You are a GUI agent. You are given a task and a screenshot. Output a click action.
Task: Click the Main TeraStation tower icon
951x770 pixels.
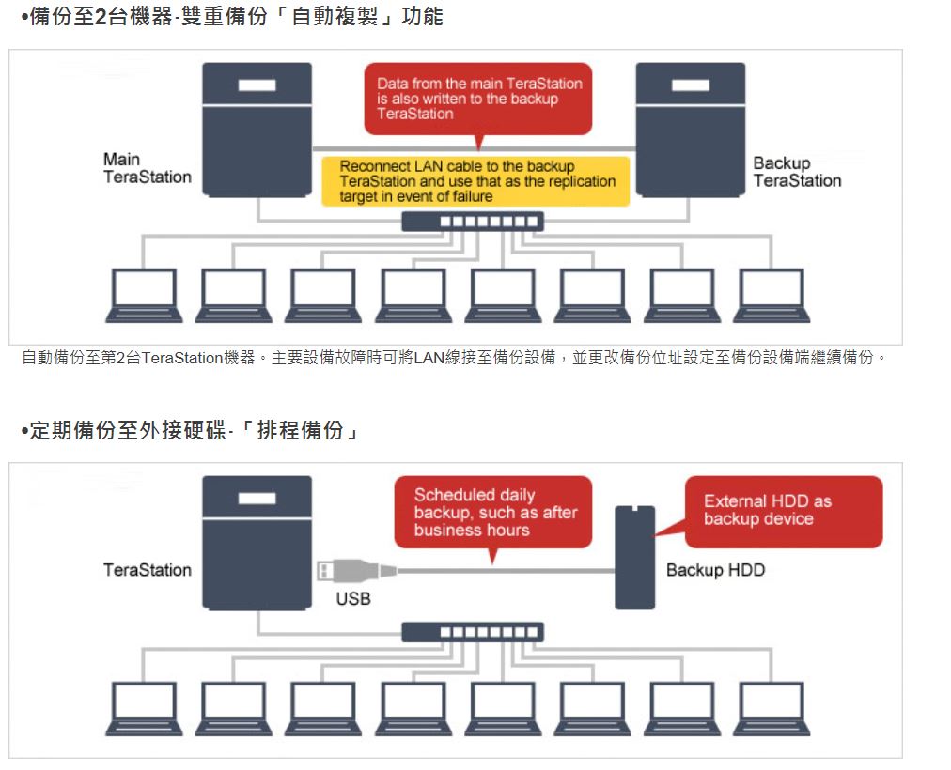pyautogui.click(x=257, y=129)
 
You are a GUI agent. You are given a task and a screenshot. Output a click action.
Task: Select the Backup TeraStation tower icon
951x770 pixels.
pyautogui.click(x=691, y=129)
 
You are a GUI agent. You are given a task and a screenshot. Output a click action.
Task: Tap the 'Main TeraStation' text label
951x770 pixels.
pyautogui.click(x=147, y=168)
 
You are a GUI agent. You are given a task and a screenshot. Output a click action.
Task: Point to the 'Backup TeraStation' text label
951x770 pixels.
pyautogui.click(x=797, y=172)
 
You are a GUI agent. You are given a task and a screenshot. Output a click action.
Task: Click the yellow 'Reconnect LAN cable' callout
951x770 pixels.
pyautogui.click(x=477, y=181)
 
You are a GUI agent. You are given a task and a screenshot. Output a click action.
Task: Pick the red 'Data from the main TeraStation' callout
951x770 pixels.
pyautogui.click(x=478, y=98)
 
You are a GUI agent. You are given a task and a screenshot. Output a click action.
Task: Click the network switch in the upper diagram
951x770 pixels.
pyautogui.click(x=473, y=222)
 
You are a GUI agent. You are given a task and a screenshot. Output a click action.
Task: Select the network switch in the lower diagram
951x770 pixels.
pyautogui.click(x=473, y=632)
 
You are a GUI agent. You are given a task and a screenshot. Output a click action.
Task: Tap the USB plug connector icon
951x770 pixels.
pyautogui.click(x=354, y=570)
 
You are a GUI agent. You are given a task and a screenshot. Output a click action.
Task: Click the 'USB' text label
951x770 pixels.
pyautogui.click(x=353, y=599)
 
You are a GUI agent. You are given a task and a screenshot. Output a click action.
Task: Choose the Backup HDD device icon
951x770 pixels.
pyautogui.click(x=634, y=557)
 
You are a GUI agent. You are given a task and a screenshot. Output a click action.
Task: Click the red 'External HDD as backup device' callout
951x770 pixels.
pyautogui.click(x=783, y=511)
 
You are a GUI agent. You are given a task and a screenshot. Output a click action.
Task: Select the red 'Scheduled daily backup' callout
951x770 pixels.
pyautogui.click(x=492, y=513)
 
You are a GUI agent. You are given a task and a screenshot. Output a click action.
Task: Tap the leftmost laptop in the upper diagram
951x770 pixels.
pyautogui.click(x=144, y=296)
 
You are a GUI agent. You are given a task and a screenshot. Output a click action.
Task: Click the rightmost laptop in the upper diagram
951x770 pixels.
pyautogui.click(x=772, y=296)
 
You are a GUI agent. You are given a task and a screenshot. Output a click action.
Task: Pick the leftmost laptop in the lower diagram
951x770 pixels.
pyautogui.click(x=144, y=708)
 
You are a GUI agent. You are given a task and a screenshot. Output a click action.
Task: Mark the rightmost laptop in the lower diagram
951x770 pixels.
pyautogui.click(x=772, y=708)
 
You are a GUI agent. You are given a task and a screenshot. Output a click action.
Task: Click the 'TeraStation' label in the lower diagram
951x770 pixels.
pyautogui.click(x=147, y=570)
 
